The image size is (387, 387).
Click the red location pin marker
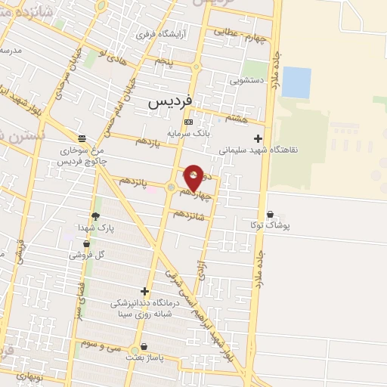point(194,177)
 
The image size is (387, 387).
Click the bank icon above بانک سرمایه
point(188,122)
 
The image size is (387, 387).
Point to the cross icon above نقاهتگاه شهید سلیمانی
point(259,138)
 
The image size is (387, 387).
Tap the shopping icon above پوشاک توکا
point(271,214)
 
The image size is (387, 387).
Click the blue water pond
point(296,82)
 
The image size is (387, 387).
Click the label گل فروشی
point(87,255)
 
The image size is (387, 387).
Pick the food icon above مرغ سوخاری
point(82,138)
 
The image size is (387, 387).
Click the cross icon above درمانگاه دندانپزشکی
point(144,291)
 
